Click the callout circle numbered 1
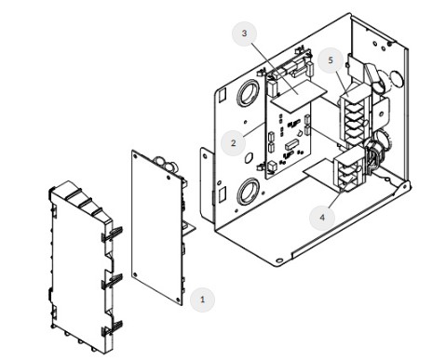[x=202, y=300]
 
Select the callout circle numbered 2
[x=233, y=143]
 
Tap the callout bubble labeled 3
[x=244, y=33]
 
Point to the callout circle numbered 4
[x=322, y=218]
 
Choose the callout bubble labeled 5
[x=331, y=60]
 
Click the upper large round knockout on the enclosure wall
[x=249, y=92]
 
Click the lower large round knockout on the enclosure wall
[x=249, y=192]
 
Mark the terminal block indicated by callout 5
[x=355, y=116]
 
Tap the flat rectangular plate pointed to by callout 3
[x=299, y=95]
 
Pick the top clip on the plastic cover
[x=113, y=233]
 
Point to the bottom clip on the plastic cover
[x=113, y=328]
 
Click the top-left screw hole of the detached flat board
[x=135, y=156]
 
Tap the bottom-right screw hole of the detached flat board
[x=178, y=300]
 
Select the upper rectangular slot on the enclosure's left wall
[x=223, y=95]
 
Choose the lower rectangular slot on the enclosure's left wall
[x=223, y=193]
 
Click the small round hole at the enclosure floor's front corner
[x=279, y=260]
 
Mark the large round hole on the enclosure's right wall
[x=397, y=78]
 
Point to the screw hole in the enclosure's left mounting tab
[x=205, y=156]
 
